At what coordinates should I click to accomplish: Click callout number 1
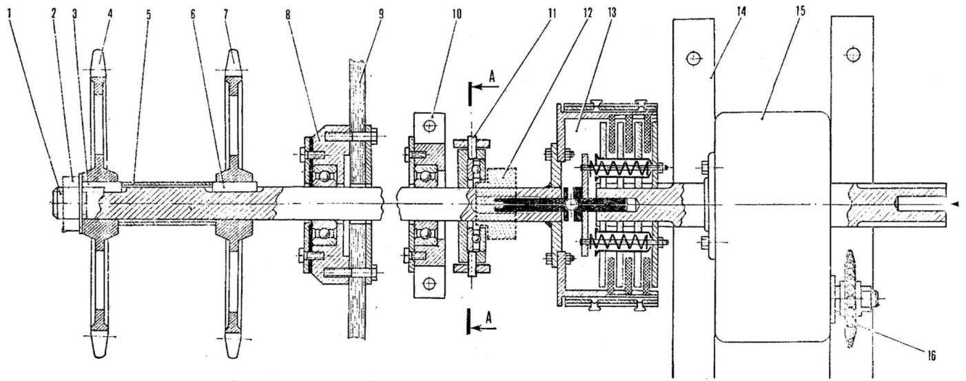coord(10,14)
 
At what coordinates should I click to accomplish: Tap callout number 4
coord(110,14)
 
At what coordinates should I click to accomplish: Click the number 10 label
coord(456,14)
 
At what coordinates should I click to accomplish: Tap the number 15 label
coord(800,12)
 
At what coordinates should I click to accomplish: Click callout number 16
coord(931,355)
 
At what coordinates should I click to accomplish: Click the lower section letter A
coord(489,318)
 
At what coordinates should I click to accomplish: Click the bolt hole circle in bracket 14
coord(693,57)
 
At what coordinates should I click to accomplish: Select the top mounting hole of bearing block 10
coord(429,126)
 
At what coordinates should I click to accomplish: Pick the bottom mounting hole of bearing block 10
coord(429,284)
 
